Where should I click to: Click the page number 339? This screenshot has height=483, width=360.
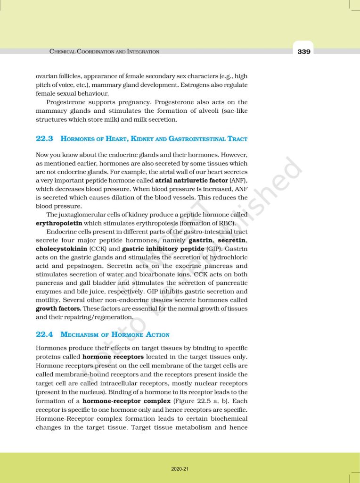coord(304,51)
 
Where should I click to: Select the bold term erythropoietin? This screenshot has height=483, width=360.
coord(59,223)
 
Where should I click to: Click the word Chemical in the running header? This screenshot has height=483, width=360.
coord(64,51)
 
